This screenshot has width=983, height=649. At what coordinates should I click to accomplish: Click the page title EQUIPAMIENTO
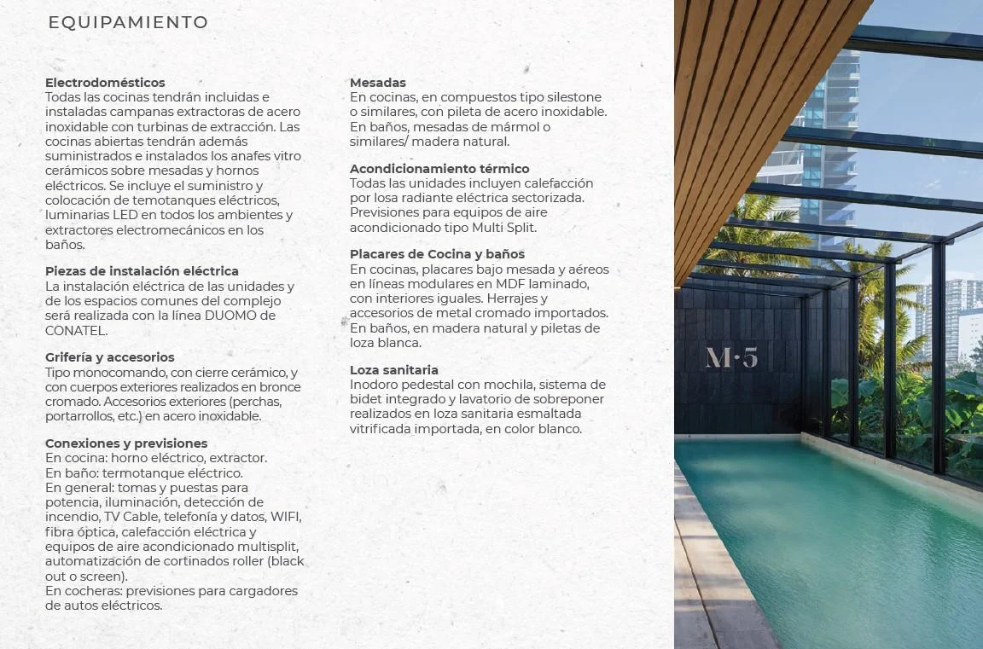pos(128,23)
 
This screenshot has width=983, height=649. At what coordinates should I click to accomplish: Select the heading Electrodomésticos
pos(105,83)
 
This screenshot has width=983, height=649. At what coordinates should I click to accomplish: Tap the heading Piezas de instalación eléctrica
pos(142,271)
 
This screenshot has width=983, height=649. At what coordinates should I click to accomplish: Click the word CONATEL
pos(76,330)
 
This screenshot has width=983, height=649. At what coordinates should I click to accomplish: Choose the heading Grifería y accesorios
pos(109,357)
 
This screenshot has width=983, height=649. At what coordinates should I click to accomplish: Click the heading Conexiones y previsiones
pos(126,443)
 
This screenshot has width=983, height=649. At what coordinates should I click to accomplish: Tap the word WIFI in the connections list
pos(286,517)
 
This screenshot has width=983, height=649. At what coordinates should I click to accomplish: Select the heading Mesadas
pos(378,83)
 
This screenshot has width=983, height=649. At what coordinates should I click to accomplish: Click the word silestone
pos(572,97)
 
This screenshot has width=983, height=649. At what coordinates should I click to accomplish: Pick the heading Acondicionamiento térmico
pos(439,169)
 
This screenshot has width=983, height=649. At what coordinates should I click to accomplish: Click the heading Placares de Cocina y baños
pos(437,254)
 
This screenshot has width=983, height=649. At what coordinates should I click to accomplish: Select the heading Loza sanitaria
pos(394,370)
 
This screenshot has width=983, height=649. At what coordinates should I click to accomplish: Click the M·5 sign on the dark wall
pos(731,357)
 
